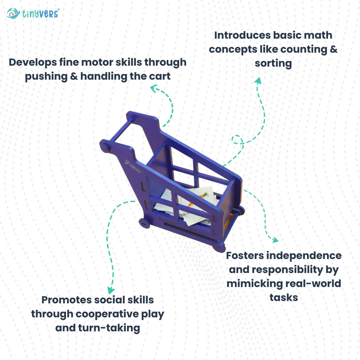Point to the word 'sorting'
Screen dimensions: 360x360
tap(273, 63)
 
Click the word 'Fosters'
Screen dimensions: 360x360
tap(245, 256)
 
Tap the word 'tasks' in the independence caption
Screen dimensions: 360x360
tap(284, 297)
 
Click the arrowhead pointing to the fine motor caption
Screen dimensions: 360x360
tap(154, 88)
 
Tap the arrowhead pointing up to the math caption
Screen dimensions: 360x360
tap(258, 81)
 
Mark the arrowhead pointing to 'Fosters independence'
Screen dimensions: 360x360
tap(275, 240)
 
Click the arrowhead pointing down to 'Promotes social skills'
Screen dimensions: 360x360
tap(111, 291)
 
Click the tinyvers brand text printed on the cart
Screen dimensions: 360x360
tap(133, 166)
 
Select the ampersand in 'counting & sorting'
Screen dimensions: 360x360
tap(332, 49)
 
